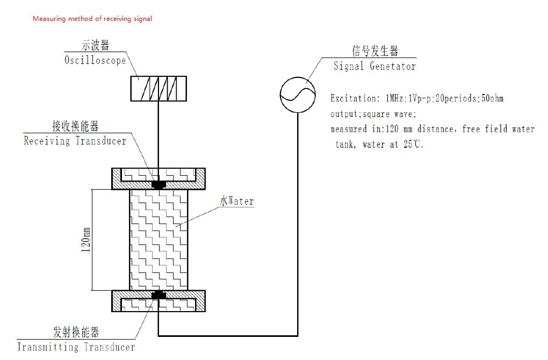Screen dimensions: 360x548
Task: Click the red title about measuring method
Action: pyautogui.click(x=92, y=19)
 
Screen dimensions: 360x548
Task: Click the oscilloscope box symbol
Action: pyautogui.click(x=158, y=88)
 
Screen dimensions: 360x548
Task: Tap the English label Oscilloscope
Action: pyautogui.click(x=95, y=60)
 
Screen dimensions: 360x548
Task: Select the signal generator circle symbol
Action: pyautogui.click(x=297, y=95)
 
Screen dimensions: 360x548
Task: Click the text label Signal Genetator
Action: pyautogui.click(x=374, y=67)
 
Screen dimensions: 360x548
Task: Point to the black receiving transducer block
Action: pyautogui.click(x=158, y=184)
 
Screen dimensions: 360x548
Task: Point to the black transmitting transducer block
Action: pyautogui.click(x=158, y=295)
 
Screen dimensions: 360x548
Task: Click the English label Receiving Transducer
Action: pyautogui.click(x=75, y=141)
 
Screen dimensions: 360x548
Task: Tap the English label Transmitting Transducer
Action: pyautogui.click(x=76, y=347)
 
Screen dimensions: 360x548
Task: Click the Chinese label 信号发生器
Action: pyautogui.click(x=374, y=51)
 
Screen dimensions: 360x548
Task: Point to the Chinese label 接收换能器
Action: pyautogui.click(x=75, y=126)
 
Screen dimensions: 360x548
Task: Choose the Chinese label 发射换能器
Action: pyautogui.click(x=76, y=332)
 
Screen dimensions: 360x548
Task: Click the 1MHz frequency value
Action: pyautogui.click(x=396, y=99)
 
